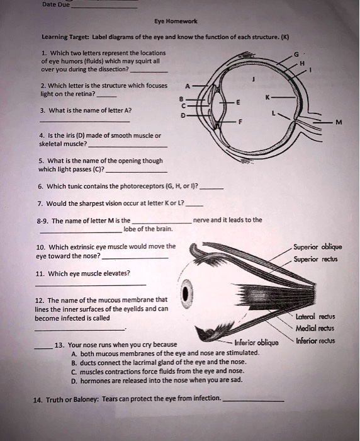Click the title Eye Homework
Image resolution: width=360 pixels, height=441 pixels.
point(181,20)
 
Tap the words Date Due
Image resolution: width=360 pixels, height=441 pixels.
point(55,4)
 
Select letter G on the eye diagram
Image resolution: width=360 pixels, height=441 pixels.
point(296,56)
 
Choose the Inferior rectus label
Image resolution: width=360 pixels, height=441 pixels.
point(315,341)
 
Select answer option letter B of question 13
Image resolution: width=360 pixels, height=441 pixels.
point(74,363)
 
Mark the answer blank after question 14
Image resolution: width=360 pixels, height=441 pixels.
point(253,401)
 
